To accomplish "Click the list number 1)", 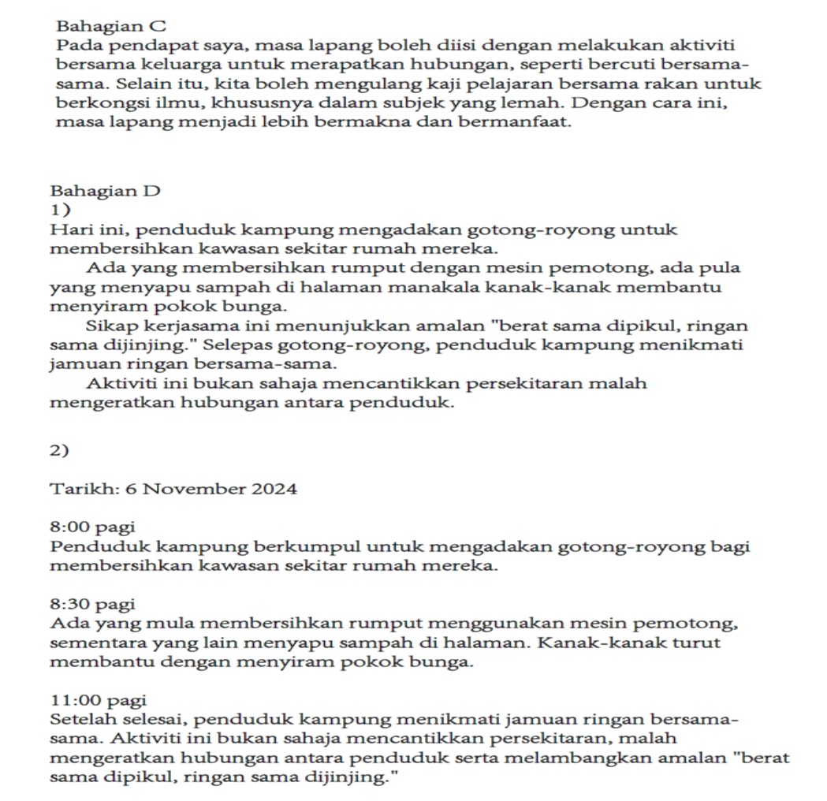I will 60,210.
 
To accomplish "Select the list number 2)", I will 60,450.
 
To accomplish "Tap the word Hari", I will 68,230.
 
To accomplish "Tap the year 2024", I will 274,489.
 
